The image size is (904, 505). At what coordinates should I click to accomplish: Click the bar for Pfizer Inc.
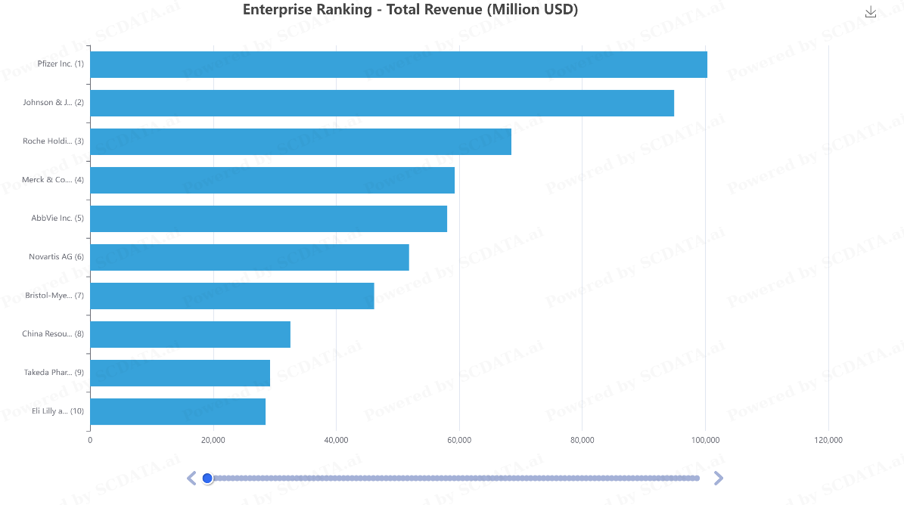click(399, 64)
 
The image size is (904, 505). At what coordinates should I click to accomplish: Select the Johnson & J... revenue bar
click(382, 103)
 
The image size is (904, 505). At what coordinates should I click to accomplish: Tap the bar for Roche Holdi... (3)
click(300, 141)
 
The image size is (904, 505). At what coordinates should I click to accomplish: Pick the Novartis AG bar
click(250, 257)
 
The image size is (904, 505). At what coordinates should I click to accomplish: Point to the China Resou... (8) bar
click(190, 334)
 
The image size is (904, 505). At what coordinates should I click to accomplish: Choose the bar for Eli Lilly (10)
click(178, 411)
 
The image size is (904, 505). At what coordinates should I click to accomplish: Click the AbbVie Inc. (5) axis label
click(57, 218)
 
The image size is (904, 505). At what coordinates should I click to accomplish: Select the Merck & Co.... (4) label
click(53, 180)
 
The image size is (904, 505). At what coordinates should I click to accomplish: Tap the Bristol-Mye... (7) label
click(54, 296)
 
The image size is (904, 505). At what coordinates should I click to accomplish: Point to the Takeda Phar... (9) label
click(54, 373)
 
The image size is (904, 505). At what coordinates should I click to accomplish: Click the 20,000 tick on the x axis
click(213, 440)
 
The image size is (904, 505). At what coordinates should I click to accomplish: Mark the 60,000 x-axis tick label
click(459, 440)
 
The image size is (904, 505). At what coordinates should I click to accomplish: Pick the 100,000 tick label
click(705, 440)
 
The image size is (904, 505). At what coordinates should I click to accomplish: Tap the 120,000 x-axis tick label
click(828, 440)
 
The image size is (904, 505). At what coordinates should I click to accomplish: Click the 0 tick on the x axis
click(90, 440)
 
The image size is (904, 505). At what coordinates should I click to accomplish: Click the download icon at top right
click(871, 12)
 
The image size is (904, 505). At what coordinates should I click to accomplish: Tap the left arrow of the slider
click(191, 478)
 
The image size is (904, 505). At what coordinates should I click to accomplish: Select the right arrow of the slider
click(719, 478)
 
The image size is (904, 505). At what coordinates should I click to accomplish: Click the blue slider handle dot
click(207, 478)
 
